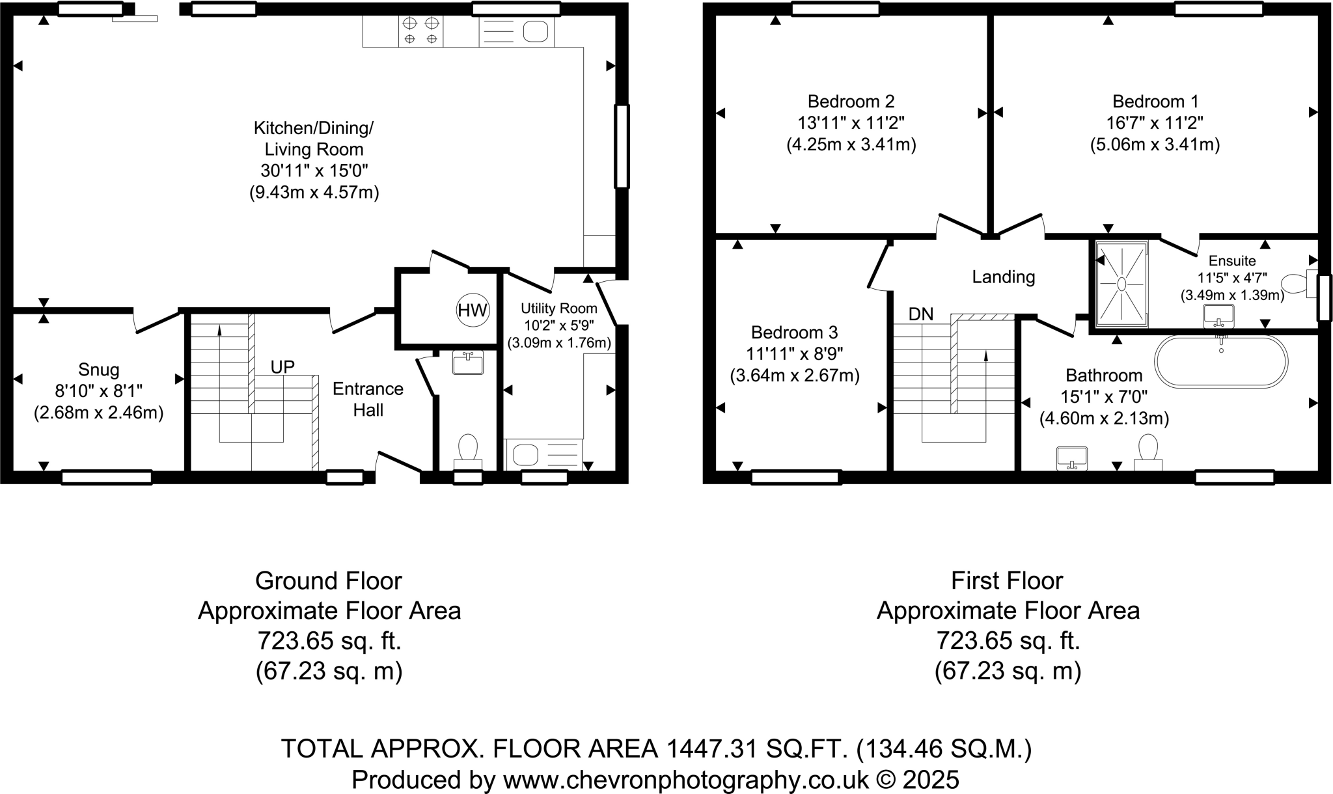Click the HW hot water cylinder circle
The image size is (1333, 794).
pyautogui.click(x=473, y=310)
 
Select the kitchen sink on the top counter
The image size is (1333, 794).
pyautogui.click(x=517, y=31)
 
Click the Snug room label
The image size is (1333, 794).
pyautogui.click(x=99, y=370)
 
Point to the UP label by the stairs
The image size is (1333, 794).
pyautogui.click(x=282, y=367)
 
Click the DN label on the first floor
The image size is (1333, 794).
pyautogui.click(x=921, y=314)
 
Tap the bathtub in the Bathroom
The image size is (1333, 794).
pyautogui.click(x=1221, y=362)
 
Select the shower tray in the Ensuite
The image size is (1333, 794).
pyautogui.click(x=1121, y=284)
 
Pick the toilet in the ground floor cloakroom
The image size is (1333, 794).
pyautogui.click(x=468, y=452)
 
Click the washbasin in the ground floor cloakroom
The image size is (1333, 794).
pyautogui.click(x=468, y=363)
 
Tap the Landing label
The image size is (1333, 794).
pyautogui.click(x=1003, y=277)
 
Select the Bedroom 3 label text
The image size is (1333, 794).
pyautogui.click(x=794, y=333)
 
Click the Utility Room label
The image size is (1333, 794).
pyautogui.click(x=559, y=308)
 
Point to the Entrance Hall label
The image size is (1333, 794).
pyautogui.click(x=368, y=400)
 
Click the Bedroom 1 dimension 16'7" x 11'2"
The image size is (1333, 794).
pyautogui.click(x=1155, y=122)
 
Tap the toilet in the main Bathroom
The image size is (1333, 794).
pyautogui.click(x=1148, y=452)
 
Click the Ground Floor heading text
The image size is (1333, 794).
pyautogui.click(x=329, y=581)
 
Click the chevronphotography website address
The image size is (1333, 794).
pyautogui.click(x=686, y=780)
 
